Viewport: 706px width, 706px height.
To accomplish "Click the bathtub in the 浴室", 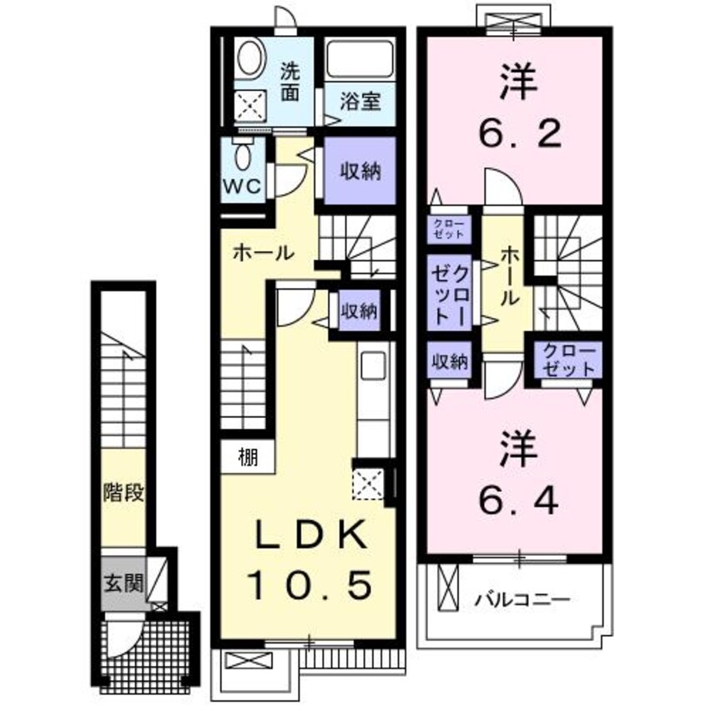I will [x=360, y=60].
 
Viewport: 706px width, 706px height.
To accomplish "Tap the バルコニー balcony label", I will [x=523, y=599].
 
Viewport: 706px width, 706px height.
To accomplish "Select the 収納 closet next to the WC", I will [x=360, y=172].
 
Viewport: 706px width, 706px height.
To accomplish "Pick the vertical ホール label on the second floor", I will [x=507, y=276].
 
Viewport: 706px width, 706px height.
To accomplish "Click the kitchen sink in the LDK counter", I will [x=371, y=366].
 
